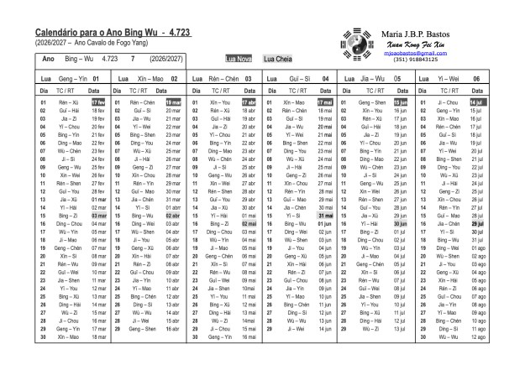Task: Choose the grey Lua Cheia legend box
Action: click(277, 59)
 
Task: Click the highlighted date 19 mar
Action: click(173, 102)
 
